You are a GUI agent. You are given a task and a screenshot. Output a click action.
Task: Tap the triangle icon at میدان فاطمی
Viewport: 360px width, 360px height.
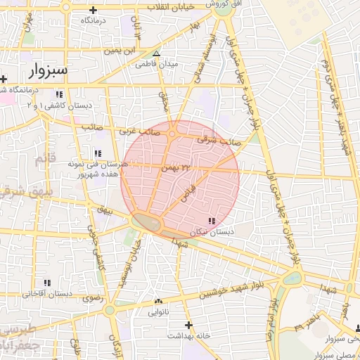click(x=157, y=53)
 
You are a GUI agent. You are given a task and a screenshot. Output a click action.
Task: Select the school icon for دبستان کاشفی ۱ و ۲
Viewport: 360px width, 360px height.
click(x=59, y=94)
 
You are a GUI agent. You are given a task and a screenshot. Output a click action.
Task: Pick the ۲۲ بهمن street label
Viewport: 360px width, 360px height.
click(x=176, y=167)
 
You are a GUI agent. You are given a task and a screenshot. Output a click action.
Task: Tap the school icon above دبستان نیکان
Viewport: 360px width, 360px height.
click(x=212, y=221)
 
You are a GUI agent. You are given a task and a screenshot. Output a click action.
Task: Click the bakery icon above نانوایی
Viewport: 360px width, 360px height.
click(x=157, y=302)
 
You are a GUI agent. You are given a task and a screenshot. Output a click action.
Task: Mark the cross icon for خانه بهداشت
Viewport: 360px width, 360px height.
click(x=188, y=325)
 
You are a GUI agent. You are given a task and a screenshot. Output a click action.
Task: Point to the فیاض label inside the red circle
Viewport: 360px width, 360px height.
click(x=188, y=194)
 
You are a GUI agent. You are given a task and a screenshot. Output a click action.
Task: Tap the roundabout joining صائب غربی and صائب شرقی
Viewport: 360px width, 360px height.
click(x=172, y=133)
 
